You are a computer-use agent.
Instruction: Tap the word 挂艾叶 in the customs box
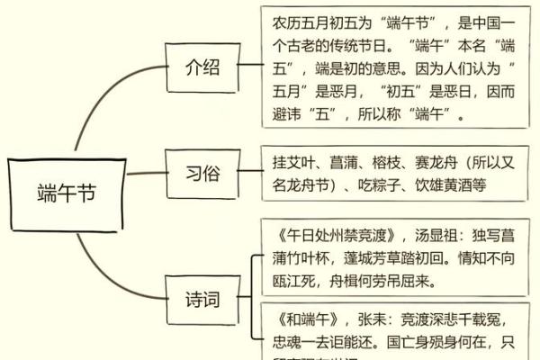coord(292,164)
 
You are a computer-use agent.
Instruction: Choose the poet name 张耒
coord(379,319)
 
